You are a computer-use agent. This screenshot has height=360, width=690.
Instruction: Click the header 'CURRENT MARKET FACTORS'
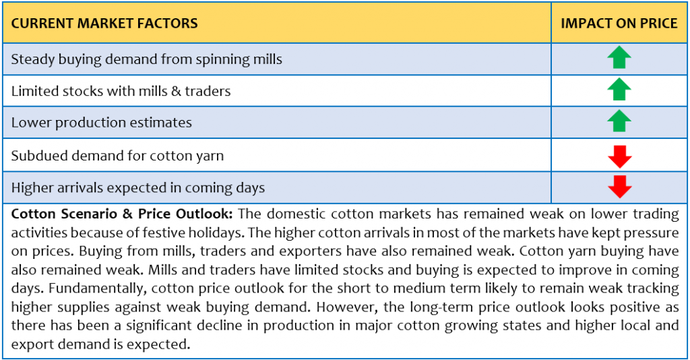[x=104, y=24]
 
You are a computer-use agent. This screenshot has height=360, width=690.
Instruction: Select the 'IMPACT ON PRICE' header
[x=619, y=24]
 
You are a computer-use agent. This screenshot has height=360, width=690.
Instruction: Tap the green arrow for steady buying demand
[x=619, y=57]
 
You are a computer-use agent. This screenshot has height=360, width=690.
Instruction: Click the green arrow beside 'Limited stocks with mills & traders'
[x=619, y=90]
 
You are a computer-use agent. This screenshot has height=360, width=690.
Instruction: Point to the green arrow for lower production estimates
[x=619, y=121]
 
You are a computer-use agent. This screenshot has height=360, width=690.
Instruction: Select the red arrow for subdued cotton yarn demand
[x=620, y=156]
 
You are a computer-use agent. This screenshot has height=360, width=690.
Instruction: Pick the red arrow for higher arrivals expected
[x=620, y=187]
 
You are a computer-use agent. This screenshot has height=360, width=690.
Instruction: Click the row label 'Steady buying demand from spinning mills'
[x=146, y=60]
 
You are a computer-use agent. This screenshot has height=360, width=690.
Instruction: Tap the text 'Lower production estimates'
[x=102, y=123]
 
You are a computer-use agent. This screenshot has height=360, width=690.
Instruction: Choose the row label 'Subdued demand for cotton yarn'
[x=117, y=156]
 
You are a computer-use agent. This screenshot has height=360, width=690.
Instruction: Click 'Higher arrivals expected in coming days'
[x=138, y=188]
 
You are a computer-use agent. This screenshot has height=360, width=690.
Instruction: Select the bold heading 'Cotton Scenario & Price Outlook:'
[x=122, y=214]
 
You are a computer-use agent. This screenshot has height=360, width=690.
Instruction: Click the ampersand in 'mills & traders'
[x=176, y=91]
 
